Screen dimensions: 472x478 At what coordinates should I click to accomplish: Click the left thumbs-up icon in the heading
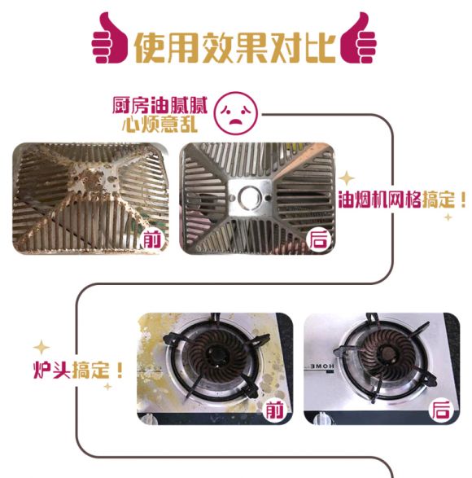tap(110, 38)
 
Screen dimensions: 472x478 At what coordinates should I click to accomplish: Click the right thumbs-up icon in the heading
tap(358, 38)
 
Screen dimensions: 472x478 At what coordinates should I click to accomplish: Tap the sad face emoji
tap(236, 114)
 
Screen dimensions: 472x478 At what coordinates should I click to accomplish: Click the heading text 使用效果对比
tap(234, 47)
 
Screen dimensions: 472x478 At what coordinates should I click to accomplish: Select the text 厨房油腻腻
tap(160, 106)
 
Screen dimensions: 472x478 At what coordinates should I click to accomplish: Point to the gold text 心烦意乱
tap(160, 125)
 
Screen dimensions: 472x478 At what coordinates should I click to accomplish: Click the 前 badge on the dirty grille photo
tap(151, 239)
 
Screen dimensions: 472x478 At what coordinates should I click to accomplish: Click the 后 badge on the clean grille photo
tap(319, 239)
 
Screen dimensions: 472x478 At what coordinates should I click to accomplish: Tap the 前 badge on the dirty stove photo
tap(275, 410)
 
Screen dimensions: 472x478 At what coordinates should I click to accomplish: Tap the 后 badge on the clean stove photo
tap(440, 410)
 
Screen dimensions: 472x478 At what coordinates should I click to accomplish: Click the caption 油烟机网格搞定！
tap(402, 200)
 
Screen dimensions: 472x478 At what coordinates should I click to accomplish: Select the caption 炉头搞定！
tap(78, 370)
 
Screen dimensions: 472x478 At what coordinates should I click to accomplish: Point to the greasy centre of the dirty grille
tap(94, 179)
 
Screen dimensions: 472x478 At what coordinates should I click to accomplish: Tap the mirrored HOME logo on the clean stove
tap(320, 366)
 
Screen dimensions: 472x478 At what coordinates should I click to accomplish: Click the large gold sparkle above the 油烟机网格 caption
tap(347, 178)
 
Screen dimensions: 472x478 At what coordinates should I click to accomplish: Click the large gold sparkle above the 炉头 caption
tap(42, 347)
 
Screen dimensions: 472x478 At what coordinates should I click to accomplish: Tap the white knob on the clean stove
tap(323, 418)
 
